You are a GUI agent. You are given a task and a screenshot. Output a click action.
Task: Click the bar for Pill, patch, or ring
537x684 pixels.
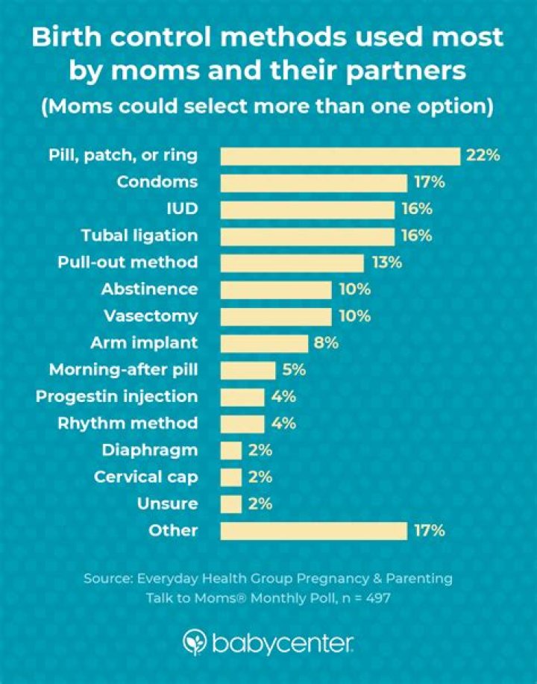coord(340,155)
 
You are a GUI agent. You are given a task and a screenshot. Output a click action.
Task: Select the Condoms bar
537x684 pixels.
coord(314,182)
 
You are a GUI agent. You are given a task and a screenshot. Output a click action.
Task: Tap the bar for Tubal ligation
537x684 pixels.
coord(307,236)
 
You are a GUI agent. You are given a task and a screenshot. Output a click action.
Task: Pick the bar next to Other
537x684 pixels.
coord(314,530)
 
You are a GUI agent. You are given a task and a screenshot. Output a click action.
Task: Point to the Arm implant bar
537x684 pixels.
coord(264,343)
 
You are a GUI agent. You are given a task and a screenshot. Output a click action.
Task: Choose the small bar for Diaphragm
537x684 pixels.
coord(231,450)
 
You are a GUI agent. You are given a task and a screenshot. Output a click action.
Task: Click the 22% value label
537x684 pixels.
coord(482,155)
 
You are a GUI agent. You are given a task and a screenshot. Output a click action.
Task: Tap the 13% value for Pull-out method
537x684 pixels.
coord(386,263)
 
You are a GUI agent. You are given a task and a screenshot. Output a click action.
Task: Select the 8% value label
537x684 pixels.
coord(327,343)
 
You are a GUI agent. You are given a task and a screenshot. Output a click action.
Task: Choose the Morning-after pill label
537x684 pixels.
coord(123,369)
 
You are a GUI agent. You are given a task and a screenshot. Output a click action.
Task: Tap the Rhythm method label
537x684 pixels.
coord(128,423)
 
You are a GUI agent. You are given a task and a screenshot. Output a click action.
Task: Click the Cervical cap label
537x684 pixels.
coord(146,477)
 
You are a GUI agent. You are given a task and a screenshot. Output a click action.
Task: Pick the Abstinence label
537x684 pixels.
coord(150,289)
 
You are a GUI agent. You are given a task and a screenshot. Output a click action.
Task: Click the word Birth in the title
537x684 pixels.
coord(65,37)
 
